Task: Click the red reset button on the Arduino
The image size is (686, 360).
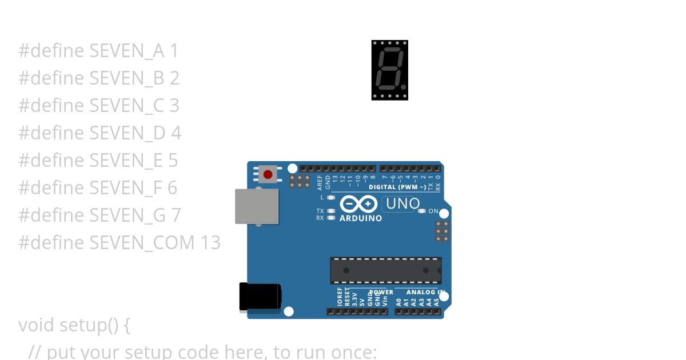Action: (x=268, y=174)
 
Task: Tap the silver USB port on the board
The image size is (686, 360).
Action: (x=257, y=207)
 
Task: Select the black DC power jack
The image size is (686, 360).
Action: (x=260, y=297)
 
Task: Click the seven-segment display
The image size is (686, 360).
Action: (x=389, y=70)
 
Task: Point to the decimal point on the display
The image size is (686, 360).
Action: (x=403, y=87)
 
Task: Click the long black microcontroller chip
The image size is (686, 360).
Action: (x=385, y=270)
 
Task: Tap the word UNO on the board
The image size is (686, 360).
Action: (x=402, y=203)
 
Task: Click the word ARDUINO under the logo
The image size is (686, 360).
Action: (x=361, y=218)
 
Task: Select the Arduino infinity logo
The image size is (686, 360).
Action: (x=358, y=203)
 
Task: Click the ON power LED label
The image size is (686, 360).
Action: (x=433, y=211)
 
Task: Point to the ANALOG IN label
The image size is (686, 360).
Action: (x=425, y=293)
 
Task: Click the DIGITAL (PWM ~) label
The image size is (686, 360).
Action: (x=397, y=187)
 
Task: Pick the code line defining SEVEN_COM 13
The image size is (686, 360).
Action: (x=119, y=242)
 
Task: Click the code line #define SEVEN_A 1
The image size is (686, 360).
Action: (x=98, y=51)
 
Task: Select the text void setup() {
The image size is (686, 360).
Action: (x=74, y=325)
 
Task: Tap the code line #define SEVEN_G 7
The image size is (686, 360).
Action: (x=99, y=215)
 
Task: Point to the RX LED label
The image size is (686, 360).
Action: (x=320, y=218)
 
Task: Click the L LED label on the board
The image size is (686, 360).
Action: (x=322, y=197)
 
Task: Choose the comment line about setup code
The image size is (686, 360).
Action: (x=202, y=351)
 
